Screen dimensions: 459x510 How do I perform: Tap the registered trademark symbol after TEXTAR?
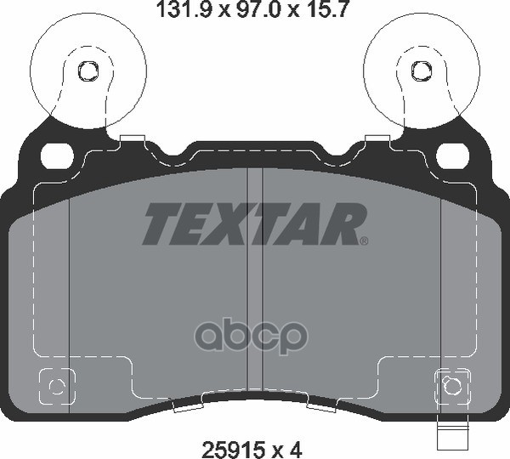364,241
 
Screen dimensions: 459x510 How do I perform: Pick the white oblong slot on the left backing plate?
58,155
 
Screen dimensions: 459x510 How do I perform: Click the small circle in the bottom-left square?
56,386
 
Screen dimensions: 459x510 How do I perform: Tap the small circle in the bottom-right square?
452,386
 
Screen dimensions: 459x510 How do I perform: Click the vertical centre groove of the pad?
254,280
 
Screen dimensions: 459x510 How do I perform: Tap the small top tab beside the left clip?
133,139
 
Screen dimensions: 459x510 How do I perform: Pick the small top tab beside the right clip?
377,139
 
